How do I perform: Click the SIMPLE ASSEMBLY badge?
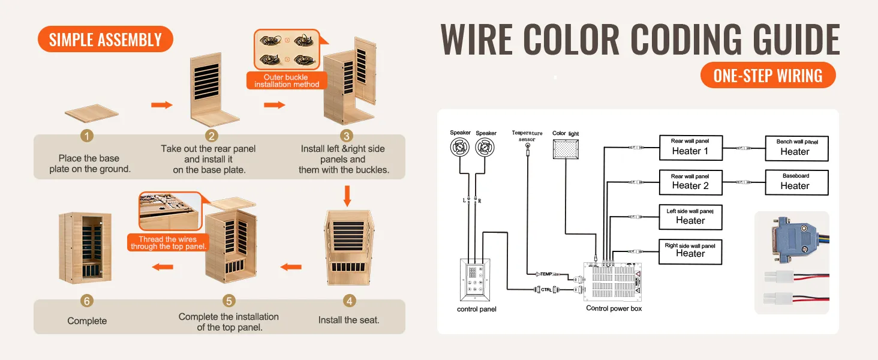pos(105,40)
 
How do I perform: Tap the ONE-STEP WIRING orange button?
pos(768,76)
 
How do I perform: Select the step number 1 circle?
pos(88,136)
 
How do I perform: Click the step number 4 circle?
pos(348,301)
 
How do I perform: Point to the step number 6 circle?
pos(88,301)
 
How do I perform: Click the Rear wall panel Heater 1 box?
pos(690,147)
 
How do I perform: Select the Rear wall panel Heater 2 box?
pos(690,182)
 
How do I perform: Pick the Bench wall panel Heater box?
pos(796,148)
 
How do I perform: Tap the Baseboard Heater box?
pos(796,182)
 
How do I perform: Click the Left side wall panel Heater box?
pos(690,217)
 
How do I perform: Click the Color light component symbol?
pos(566,149)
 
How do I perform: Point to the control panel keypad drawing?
pos(475,280)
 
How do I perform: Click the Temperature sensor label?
pos(527,136)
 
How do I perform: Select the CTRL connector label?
pos(546,290)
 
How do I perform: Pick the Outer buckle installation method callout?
pos(287,81)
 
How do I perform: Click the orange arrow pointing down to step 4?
pos(347,196)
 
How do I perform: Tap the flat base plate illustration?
pos(91,114)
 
